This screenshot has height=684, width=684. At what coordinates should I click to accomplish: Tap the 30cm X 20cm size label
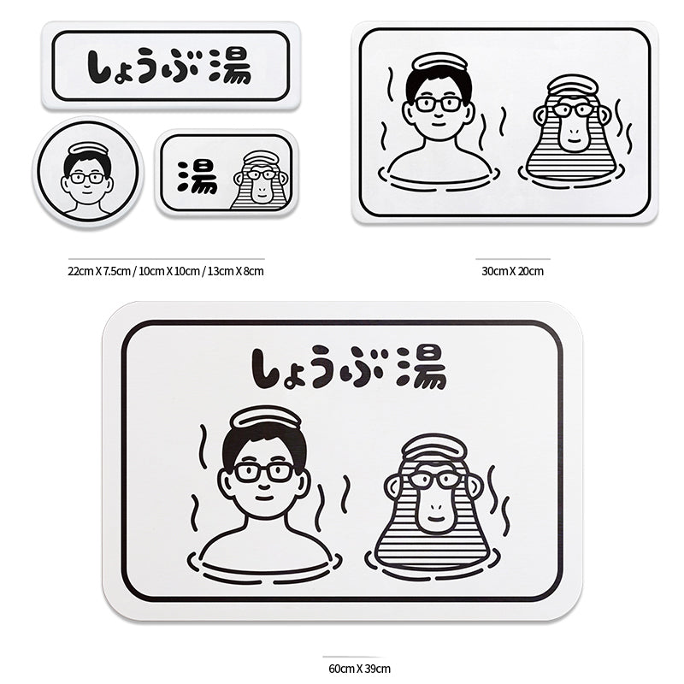(512, 271)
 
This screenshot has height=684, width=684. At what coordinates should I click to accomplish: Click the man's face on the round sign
(87, 180)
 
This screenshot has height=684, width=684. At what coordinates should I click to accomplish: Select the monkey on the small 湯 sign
(260, 181)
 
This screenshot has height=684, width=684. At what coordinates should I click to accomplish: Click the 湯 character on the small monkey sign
(197, 175)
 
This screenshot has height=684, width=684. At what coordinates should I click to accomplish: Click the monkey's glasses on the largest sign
(434, 479)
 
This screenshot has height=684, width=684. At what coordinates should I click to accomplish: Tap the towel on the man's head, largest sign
(266, 417)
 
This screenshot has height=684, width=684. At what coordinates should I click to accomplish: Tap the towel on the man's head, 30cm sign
(439, 62)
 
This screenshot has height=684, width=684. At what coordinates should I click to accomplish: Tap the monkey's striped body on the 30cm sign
(570, 160)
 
